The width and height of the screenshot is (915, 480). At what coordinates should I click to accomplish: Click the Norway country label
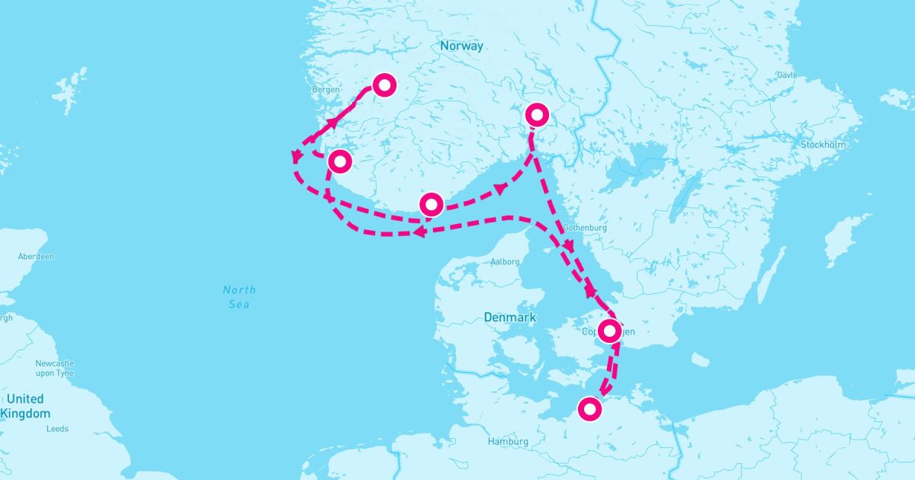(461, 46)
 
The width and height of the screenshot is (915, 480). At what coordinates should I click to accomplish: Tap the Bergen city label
(326, 90)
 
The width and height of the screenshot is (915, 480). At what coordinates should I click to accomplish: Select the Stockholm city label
(823, 145)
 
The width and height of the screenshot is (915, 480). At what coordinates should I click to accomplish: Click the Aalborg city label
(505, 261)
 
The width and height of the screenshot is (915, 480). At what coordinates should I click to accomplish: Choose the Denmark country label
(510, 317)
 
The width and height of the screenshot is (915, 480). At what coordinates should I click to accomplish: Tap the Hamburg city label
(509, 442)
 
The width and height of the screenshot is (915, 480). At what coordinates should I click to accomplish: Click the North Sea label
(239, 297)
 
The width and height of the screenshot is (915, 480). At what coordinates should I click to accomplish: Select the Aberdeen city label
(36, 257)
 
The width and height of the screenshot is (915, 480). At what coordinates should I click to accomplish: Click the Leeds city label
(57, 429)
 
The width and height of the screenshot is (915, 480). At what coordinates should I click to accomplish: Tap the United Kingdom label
(25, 406)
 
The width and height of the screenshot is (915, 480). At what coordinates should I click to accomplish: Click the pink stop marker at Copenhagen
(610, 331)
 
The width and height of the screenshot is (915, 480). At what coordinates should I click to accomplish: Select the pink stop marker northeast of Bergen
(384, 85)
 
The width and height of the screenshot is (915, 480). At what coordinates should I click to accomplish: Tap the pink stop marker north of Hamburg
(589, 409)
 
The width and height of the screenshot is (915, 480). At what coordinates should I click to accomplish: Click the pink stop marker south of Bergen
(339, 162)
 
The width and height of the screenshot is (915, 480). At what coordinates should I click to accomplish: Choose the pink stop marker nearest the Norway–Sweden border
(537, 115)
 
